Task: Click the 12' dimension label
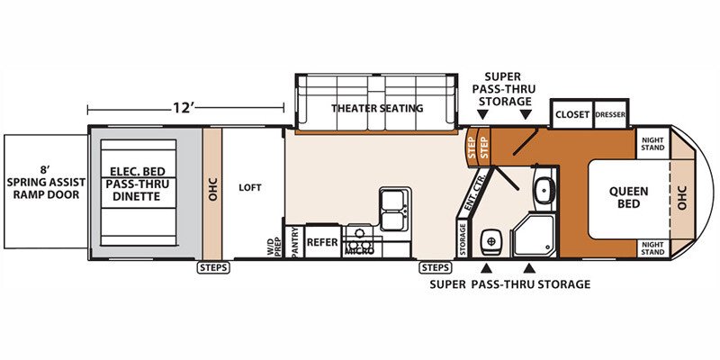(184, 108)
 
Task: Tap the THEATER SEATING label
(377, 108)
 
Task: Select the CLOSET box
(572, 114)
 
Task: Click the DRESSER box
(611, 114)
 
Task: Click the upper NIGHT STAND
(652, 144)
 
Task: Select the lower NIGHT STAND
(652, 248)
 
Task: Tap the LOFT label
(250, 187)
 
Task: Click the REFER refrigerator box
(322, 241)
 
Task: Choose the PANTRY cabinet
(294, 241)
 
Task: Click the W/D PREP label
(274, 246)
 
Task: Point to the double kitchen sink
(394, 209)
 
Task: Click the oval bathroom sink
(544, 190)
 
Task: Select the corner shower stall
(534, 235)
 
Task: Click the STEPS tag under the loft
(213, 267)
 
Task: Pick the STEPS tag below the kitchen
(436, 267)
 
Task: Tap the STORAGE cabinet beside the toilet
(463, 238)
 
